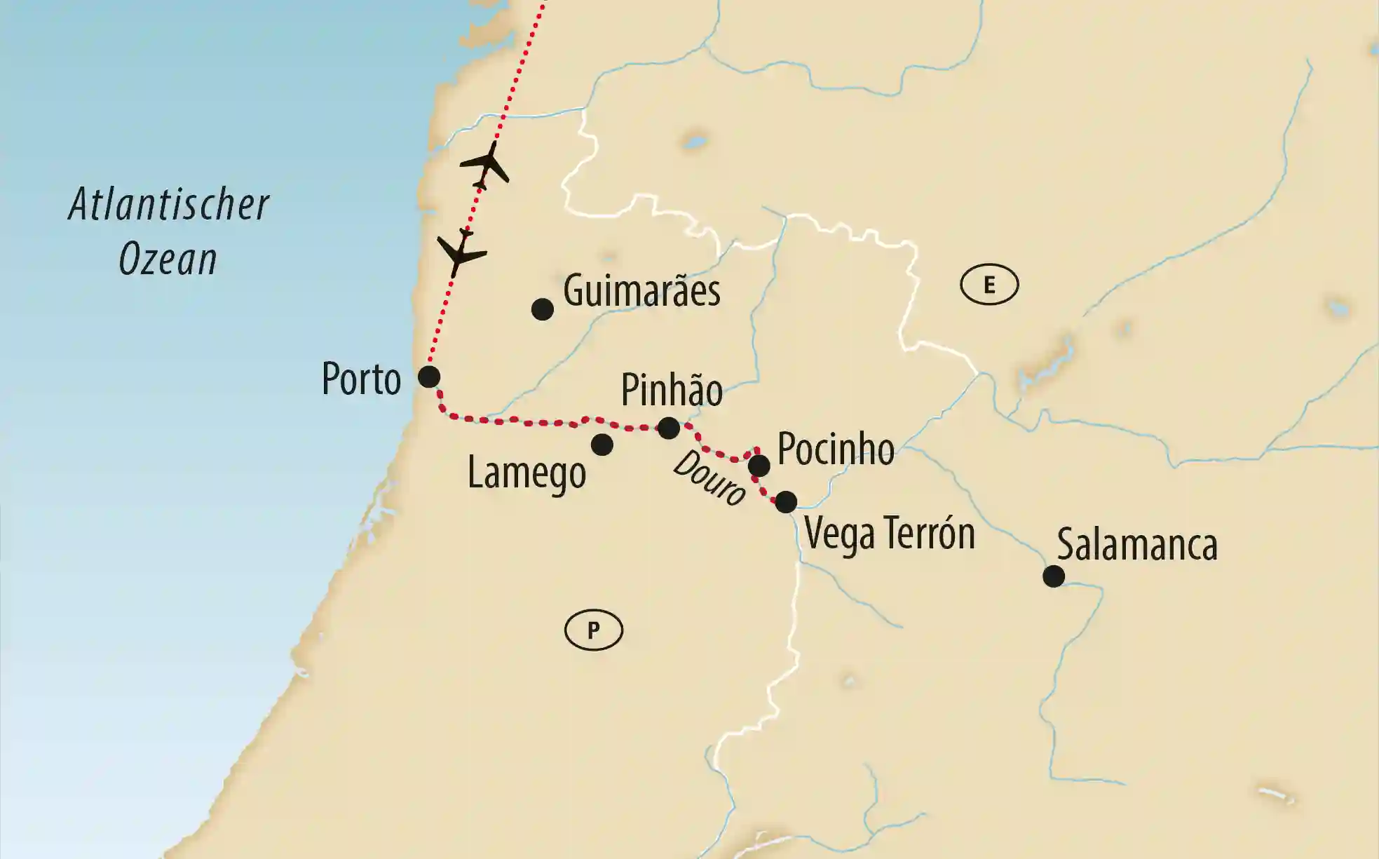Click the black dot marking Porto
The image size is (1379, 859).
(429, 377)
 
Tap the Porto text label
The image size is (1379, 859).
(361, 379)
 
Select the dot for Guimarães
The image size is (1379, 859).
(542, 309)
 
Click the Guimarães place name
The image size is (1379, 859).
(641, 291)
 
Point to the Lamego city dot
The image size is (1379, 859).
(602, 444)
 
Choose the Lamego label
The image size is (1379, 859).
(527, 473)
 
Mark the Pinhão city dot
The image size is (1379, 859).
(668, 427)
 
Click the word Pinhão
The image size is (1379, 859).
(672, 391)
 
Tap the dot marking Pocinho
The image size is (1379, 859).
(759, 465)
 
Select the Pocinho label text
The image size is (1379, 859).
(836, 449)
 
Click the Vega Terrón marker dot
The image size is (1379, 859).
(786, 501)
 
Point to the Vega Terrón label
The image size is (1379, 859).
(890, 534)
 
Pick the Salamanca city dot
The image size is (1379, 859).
(1053, 576)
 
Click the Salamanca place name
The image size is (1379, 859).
(1137, 545)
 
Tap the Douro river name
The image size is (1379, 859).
(709, 479)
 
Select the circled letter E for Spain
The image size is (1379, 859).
(989, 285)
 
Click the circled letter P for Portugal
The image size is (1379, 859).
(593, 630)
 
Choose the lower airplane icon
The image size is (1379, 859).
(460, 252)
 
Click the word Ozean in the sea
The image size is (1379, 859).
(168, 259)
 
